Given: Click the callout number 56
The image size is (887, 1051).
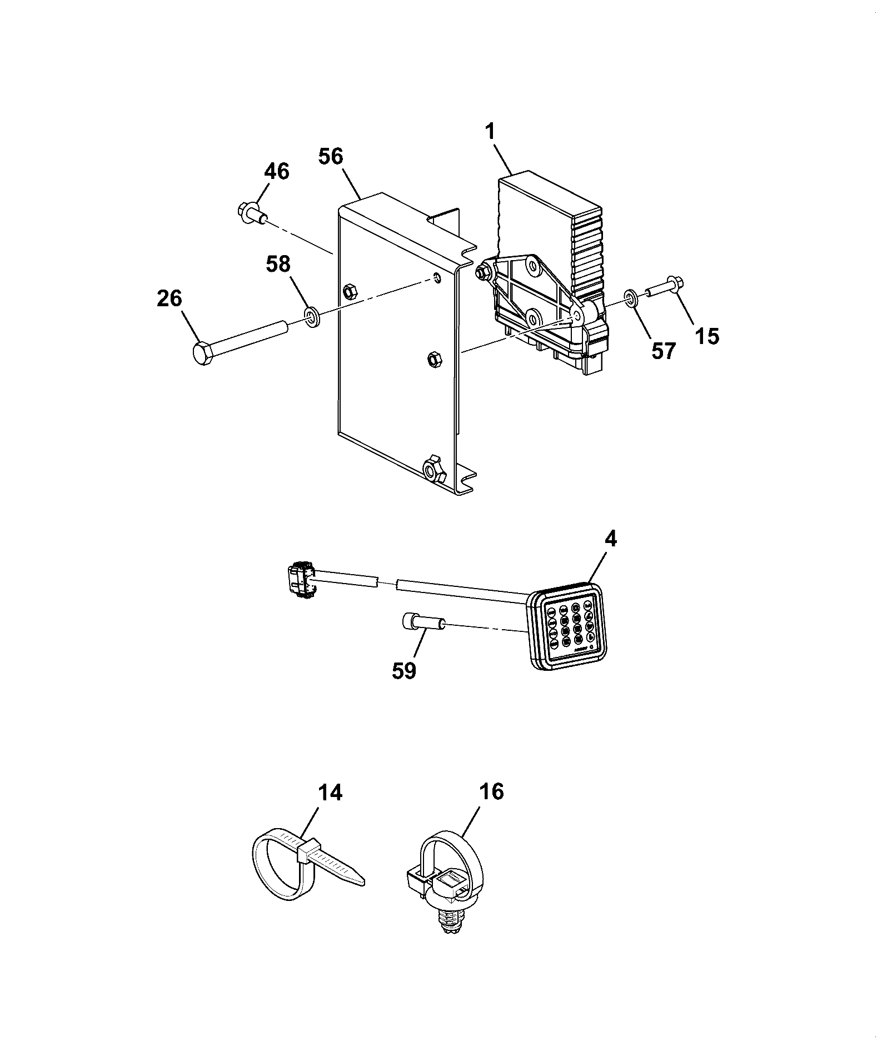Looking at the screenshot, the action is click(x=331, y=156).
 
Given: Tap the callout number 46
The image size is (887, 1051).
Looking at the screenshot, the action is click(x=277, y=172).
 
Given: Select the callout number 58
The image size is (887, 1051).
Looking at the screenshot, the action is click(x=278, y=264).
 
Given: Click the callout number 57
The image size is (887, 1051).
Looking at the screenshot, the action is click(x=663, y=351).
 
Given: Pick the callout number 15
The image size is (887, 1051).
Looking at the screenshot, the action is click(x=706, y=336).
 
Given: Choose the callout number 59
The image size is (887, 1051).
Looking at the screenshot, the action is click(x=403, y=671).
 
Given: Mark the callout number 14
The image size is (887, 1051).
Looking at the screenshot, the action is click(x=330, y=793).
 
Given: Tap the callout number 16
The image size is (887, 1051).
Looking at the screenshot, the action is click(x=491, y=791).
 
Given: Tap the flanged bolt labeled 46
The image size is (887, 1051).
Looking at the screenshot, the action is click(x=253, y=214).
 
